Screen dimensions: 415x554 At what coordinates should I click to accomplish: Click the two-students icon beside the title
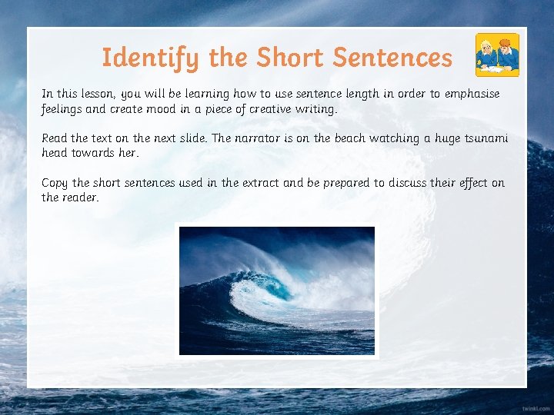[496, 54]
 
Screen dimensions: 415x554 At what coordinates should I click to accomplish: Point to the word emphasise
[470, 94]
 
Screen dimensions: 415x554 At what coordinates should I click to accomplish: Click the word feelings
[62, 109]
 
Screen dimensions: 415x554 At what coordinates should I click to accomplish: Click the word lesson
[98, 94]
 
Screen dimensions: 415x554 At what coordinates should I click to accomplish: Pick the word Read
[54, 138]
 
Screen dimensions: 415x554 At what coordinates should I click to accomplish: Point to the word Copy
[55, 183]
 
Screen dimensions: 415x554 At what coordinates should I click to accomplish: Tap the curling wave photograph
[277, 290]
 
